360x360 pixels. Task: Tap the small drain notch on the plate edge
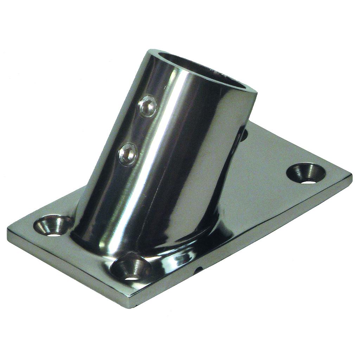point(199,270)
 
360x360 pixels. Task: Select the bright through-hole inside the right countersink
point(308,181)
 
